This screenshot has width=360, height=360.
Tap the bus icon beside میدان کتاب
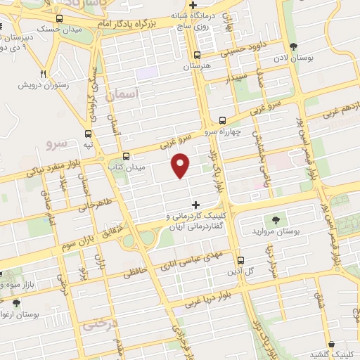tap(126, 156)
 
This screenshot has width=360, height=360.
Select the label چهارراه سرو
tap(223, 131)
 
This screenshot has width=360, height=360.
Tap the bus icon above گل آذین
tap(240, 259)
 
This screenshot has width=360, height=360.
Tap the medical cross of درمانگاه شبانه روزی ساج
tap(193, 6)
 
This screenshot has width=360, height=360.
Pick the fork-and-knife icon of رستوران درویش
tap(43, 74)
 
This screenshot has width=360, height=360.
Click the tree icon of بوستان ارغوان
tap(15, 303)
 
